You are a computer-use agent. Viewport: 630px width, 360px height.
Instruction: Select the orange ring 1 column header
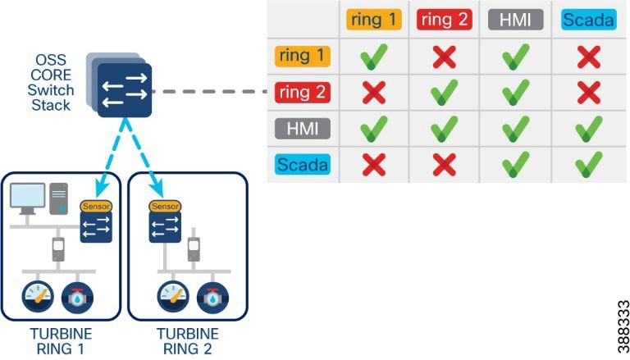tap(373, 20)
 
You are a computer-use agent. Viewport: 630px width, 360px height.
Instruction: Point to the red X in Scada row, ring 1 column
tap(373, 164)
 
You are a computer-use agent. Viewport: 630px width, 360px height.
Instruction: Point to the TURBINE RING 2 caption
tap(187, 342)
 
